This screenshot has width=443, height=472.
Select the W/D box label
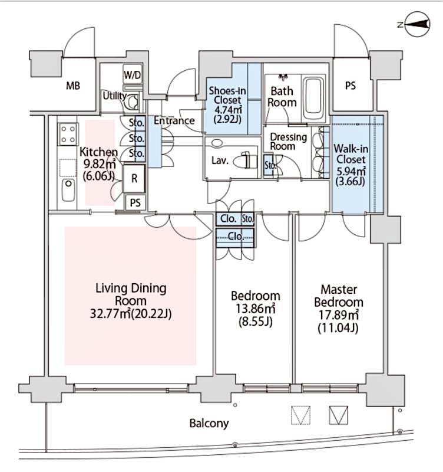pyautogui.click(x=132, y=76)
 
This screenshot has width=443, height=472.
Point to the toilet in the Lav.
pyautogui.click(x=246, y=161)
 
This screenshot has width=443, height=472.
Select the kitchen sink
pyautogui.click(x=67, y=189)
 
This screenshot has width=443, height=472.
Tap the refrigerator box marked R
pyautogui.click(x=134, y=178)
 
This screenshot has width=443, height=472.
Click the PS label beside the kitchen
pyautogui.click(x=135, y=202)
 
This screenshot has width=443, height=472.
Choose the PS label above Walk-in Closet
pyautogui.click(x=350, y=86)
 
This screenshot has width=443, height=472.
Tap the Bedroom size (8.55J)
pyautogui.click(x=255, y=323)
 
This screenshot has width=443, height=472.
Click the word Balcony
pyautogui.click(x=209, y=423)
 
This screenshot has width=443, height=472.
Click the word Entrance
pyautogui.click(x=174, y=121)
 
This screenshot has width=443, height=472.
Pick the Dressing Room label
pyautogui.click(x=288, y=142)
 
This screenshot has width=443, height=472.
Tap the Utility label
pyautogui.click(x=114, y=96)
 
